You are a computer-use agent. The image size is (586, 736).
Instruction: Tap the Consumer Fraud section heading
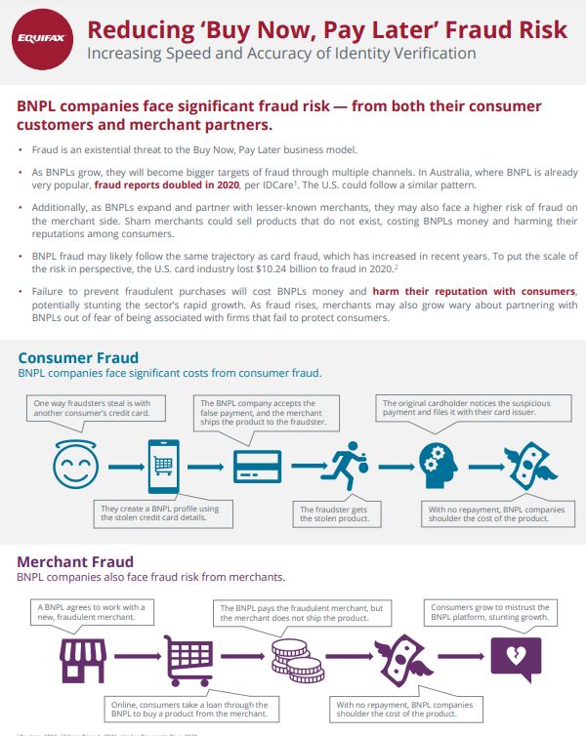coord(78,358)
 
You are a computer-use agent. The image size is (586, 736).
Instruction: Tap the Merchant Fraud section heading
coord(75,562)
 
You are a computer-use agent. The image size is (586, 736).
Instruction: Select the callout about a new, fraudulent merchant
coord(89,613)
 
